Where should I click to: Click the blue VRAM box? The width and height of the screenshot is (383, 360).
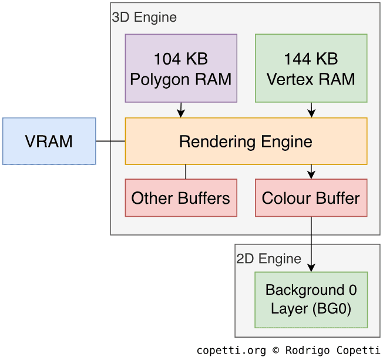pyautogui.click(x=49, y=141)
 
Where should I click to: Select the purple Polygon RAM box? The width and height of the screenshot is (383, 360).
pyautogui.click(x=181, y=68)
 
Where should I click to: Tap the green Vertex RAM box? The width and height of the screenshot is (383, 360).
pyautogui.click(x=311, y=68)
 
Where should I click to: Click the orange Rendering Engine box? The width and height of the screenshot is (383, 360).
pyautogui.click(x=246, y=141)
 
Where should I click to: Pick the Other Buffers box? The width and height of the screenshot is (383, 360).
pyautogui.click(x=181, y=198)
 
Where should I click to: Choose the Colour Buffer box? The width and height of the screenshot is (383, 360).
pyautogui.click(x=311, y=198)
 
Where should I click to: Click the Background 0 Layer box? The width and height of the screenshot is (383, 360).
pyautogui.click(x=311, y=300)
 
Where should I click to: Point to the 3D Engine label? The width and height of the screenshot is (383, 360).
pyautogui.click(x=145, y=17)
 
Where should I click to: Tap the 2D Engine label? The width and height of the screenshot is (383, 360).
pyautogui.click(x=269, y=258)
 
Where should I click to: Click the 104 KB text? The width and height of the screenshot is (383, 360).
pyautogui.click(x=181, y=59)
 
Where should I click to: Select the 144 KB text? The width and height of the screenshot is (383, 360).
pyautogui.click(x=311, y=59)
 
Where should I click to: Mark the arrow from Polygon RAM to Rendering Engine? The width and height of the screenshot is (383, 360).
pyautogui.click(x=181, y=110)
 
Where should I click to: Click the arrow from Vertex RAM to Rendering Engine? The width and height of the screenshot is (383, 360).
pyautogui.click(x=311, y=110)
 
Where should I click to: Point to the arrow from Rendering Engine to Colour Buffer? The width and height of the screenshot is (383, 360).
pyautogui.click(x=311, y=171)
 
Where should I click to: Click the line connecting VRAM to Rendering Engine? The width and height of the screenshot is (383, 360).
pyautogui.click(x=110, y=141)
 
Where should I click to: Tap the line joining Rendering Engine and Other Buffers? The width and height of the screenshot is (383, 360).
pyautogui.click(x=186, y=171)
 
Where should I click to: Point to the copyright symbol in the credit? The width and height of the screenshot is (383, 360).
pyautogui.click(x=277, y=351)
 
